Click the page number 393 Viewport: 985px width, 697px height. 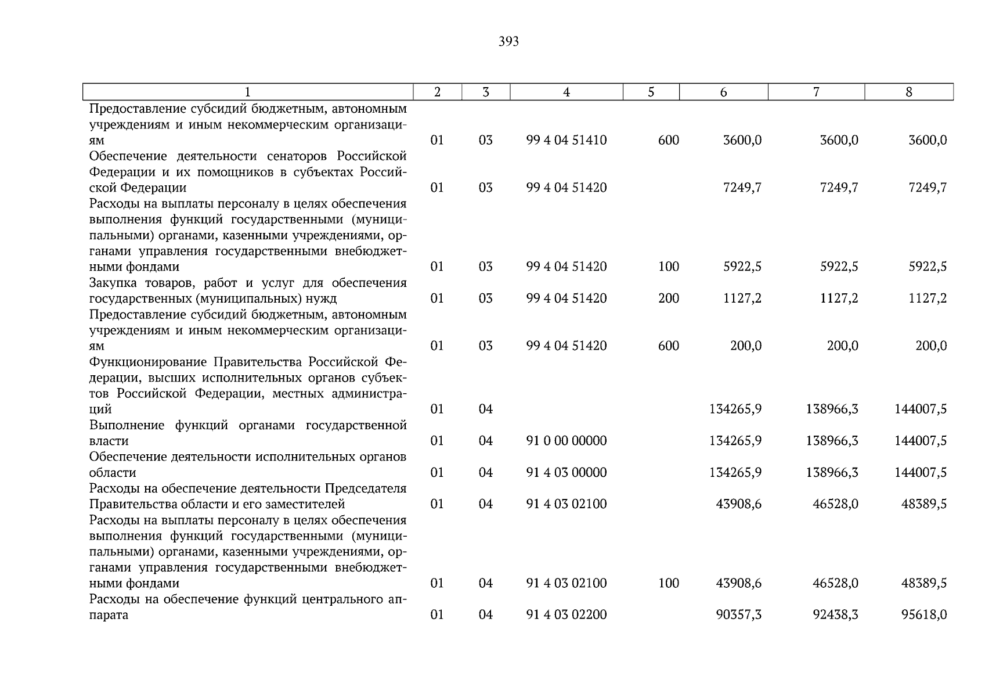tap(508, 42)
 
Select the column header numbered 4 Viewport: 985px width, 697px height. tap(567, 92)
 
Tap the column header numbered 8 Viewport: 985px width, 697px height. tap(909, 92)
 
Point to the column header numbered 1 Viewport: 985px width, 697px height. tap(248, 92)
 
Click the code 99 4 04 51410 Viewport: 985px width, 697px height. tap(567, 141)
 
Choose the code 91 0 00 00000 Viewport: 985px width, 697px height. tap(567, 441)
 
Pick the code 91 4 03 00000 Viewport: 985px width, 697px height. tap(567, 473)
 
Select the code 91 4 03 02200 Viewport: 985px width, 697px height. tap(567, 615)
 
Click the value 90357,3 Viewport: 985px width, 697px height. tap(739, 615)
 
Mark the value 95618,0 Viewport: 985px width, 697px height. tap(924, 615)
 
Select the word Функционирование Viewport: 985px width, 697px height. tap(148, 362)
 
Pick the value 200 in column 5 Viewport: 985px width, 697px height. tap(669, 299)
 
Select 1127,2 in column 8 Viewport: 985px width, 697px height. tap(928, 299)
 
